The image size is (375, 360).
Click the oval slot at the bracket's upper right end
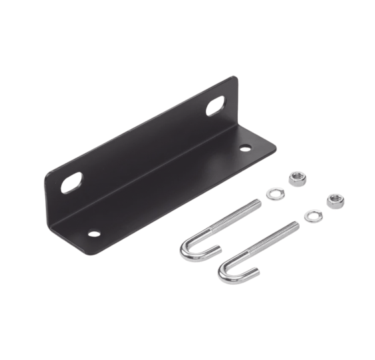point(217,107)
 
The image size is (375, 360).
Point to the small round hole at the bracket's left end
point(92,233)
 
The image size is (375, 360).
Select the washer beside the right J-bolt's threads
point(308,215)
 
